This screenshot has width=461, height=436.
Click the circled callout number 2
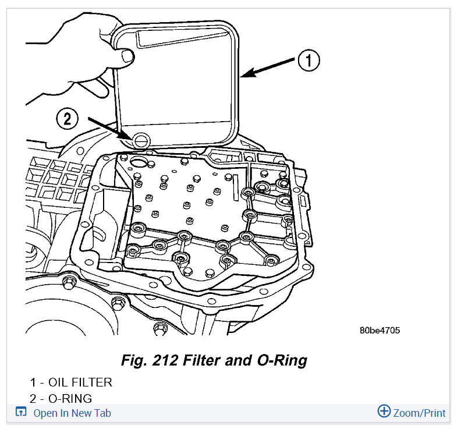point(67,119)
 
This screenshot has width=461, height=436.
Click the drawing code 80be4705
point(380,330)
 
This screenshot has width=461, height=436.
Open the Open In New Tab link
point(72,413)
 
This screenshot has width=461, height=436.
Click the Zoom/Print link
point(419,413)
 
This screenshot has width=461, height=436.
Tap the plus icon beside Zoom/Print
point(384,412)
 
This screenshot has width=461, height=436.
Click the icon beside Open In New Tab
point(20,413)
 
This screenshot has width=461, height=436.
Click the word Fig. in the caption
point(133,360)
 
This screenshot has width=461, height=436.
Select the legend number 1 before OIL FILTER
point(34,382)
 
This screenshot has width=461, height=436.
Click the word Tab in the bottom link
point(101,413)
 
